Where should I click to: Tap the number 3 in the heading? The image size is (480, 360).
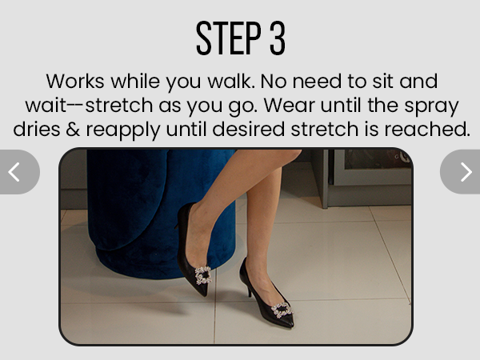[x=277, y=38]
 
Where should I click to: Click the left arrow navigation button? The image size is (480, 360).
[x=14, y=171]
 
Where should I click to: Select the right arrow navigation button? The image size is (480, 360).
[x=465, y=171]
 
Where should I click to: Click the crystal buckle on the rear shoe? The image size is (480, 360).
[x=203, y=275]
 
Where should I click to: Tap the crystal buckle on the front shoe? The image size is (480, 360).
[x=281, y=310]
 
